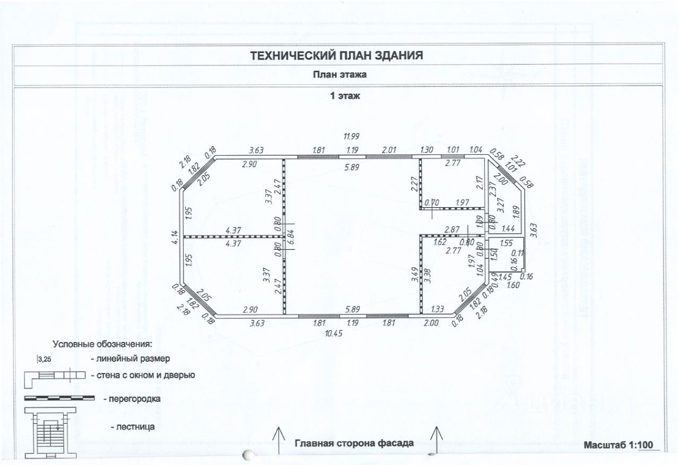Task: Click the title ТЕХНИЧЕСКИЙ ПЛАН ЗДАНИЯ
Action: pyautogui.click(x=336, y=55)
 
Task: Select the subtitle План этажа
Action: pyautogui.click(x=339, y=75)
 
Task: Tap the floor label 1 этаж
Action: pyautogui.click(x=346, y=97)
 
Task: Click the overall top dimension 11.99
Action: pyautogui.click(x=352, y=136)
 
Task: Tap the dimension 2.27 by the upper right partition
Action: pyautogui.click(x=414, y=183)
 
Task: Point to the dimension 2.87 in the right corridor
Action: pyautogui.click(x=451, y=230)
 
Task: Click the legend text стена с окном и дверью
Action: pyautogui.click(x=143, y=375)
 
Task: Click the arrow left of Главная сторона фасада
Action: pyautogui.click(x=277, y=439)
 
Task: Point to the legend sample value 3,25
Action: pyautogui.click(x=46, y=359)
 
